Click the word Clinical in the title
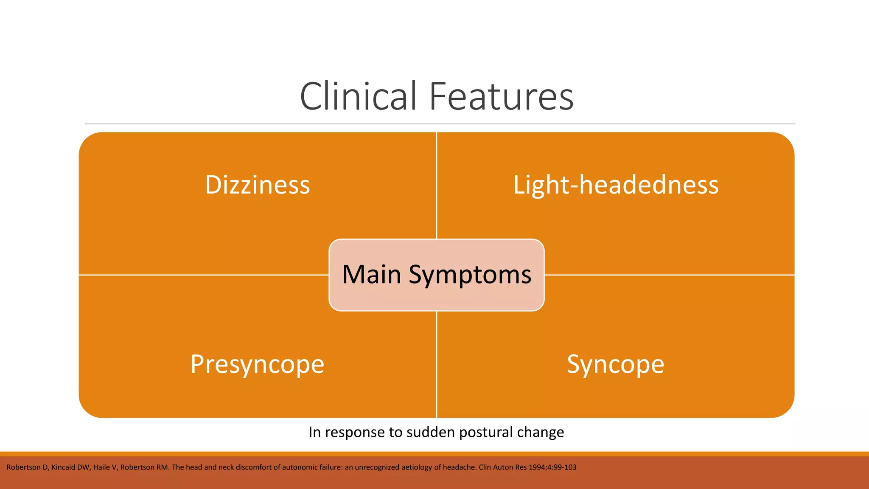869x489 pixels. click(x=359, y=96)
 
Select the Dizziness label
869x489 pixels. click(x=258, y=185)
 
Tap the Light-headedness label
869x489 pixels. click(x=616, y=185)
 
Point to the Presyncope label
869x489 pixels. click(x=257, y=364)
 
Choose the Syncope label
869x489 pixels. click(x=615, y=364)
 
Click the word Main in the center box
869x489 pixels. click(x=371, y=274)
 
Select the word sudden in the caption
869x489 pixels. click(x=430, y=432)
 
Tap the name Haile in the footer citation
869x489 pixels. click(x=101, y=467)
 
